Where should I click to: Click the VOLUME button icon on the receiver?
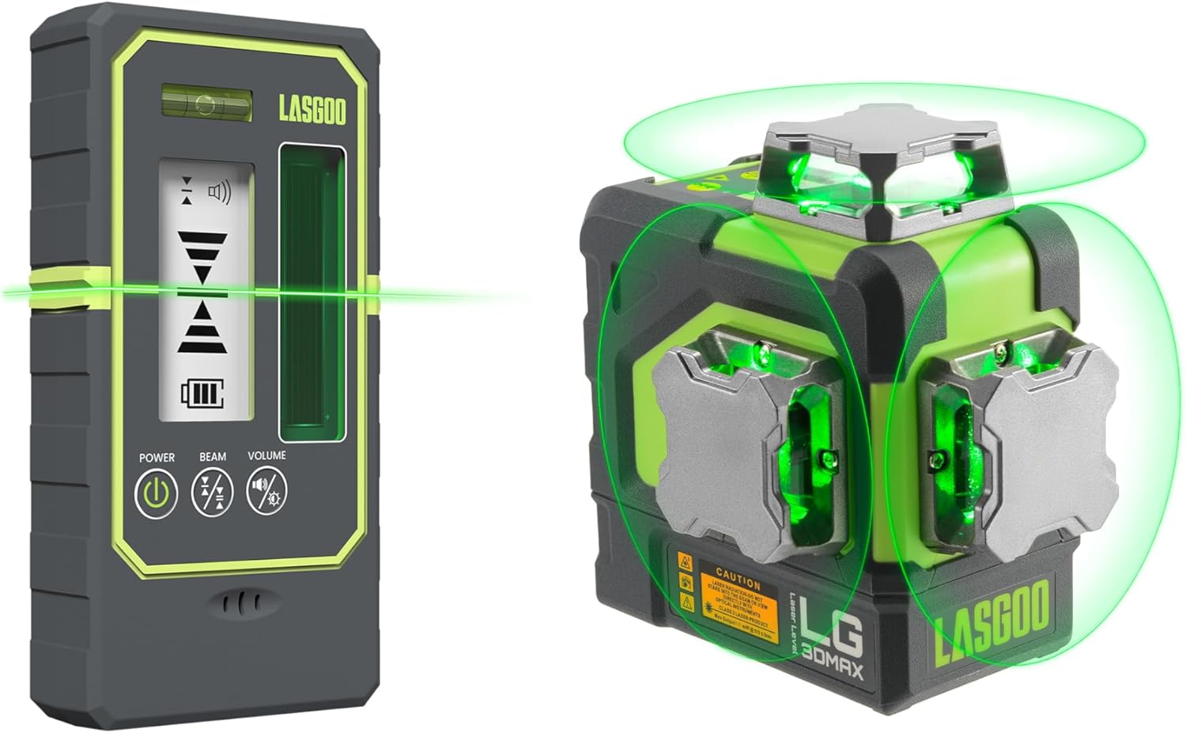266,491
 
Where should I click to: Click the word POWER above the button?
157,457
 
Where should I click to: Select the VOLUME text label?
266,455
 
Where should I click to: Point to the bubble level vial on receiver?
206,104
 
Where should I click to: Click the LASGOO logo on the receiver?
312,111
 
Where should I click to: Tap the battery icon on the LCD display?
202,393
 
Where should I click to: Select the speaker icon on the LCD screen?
219,192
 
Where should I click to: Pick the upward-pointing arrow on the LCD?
202,327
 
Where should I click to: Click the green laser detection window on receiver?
312,293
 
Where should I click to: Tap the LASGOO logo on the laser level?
991,622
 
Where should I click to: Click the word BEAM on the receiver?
212,457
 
